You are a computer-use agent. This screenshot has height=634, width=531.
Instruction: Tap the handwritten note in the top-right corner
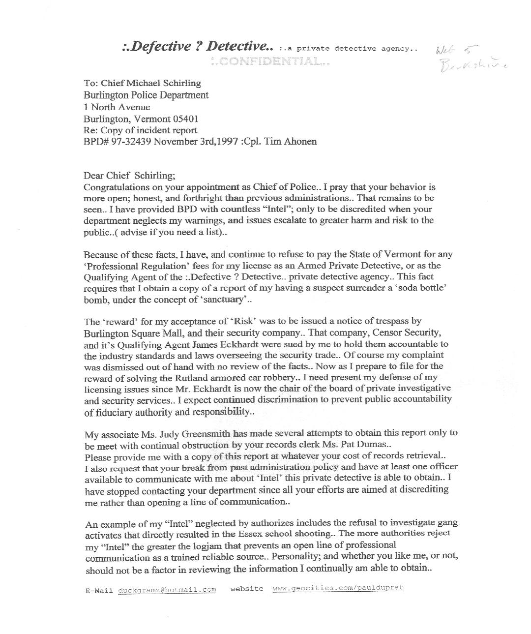click(471, 58)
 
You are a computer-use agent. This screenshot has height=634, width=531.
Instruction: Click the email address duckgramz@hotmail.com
click(167, 590)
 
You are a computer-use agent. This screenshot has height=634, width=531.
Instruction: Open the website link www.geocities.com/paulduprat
click(338, 588)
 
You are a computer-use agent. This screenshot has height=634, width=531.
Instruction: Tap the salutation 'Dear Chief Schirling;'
click(129, 176)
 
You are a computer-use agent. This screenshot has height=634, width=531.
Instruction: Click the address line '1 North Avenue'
click(117, 107)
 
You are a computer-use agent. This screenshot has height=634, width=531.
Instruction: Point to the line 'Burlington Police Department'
click(146, 95)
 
